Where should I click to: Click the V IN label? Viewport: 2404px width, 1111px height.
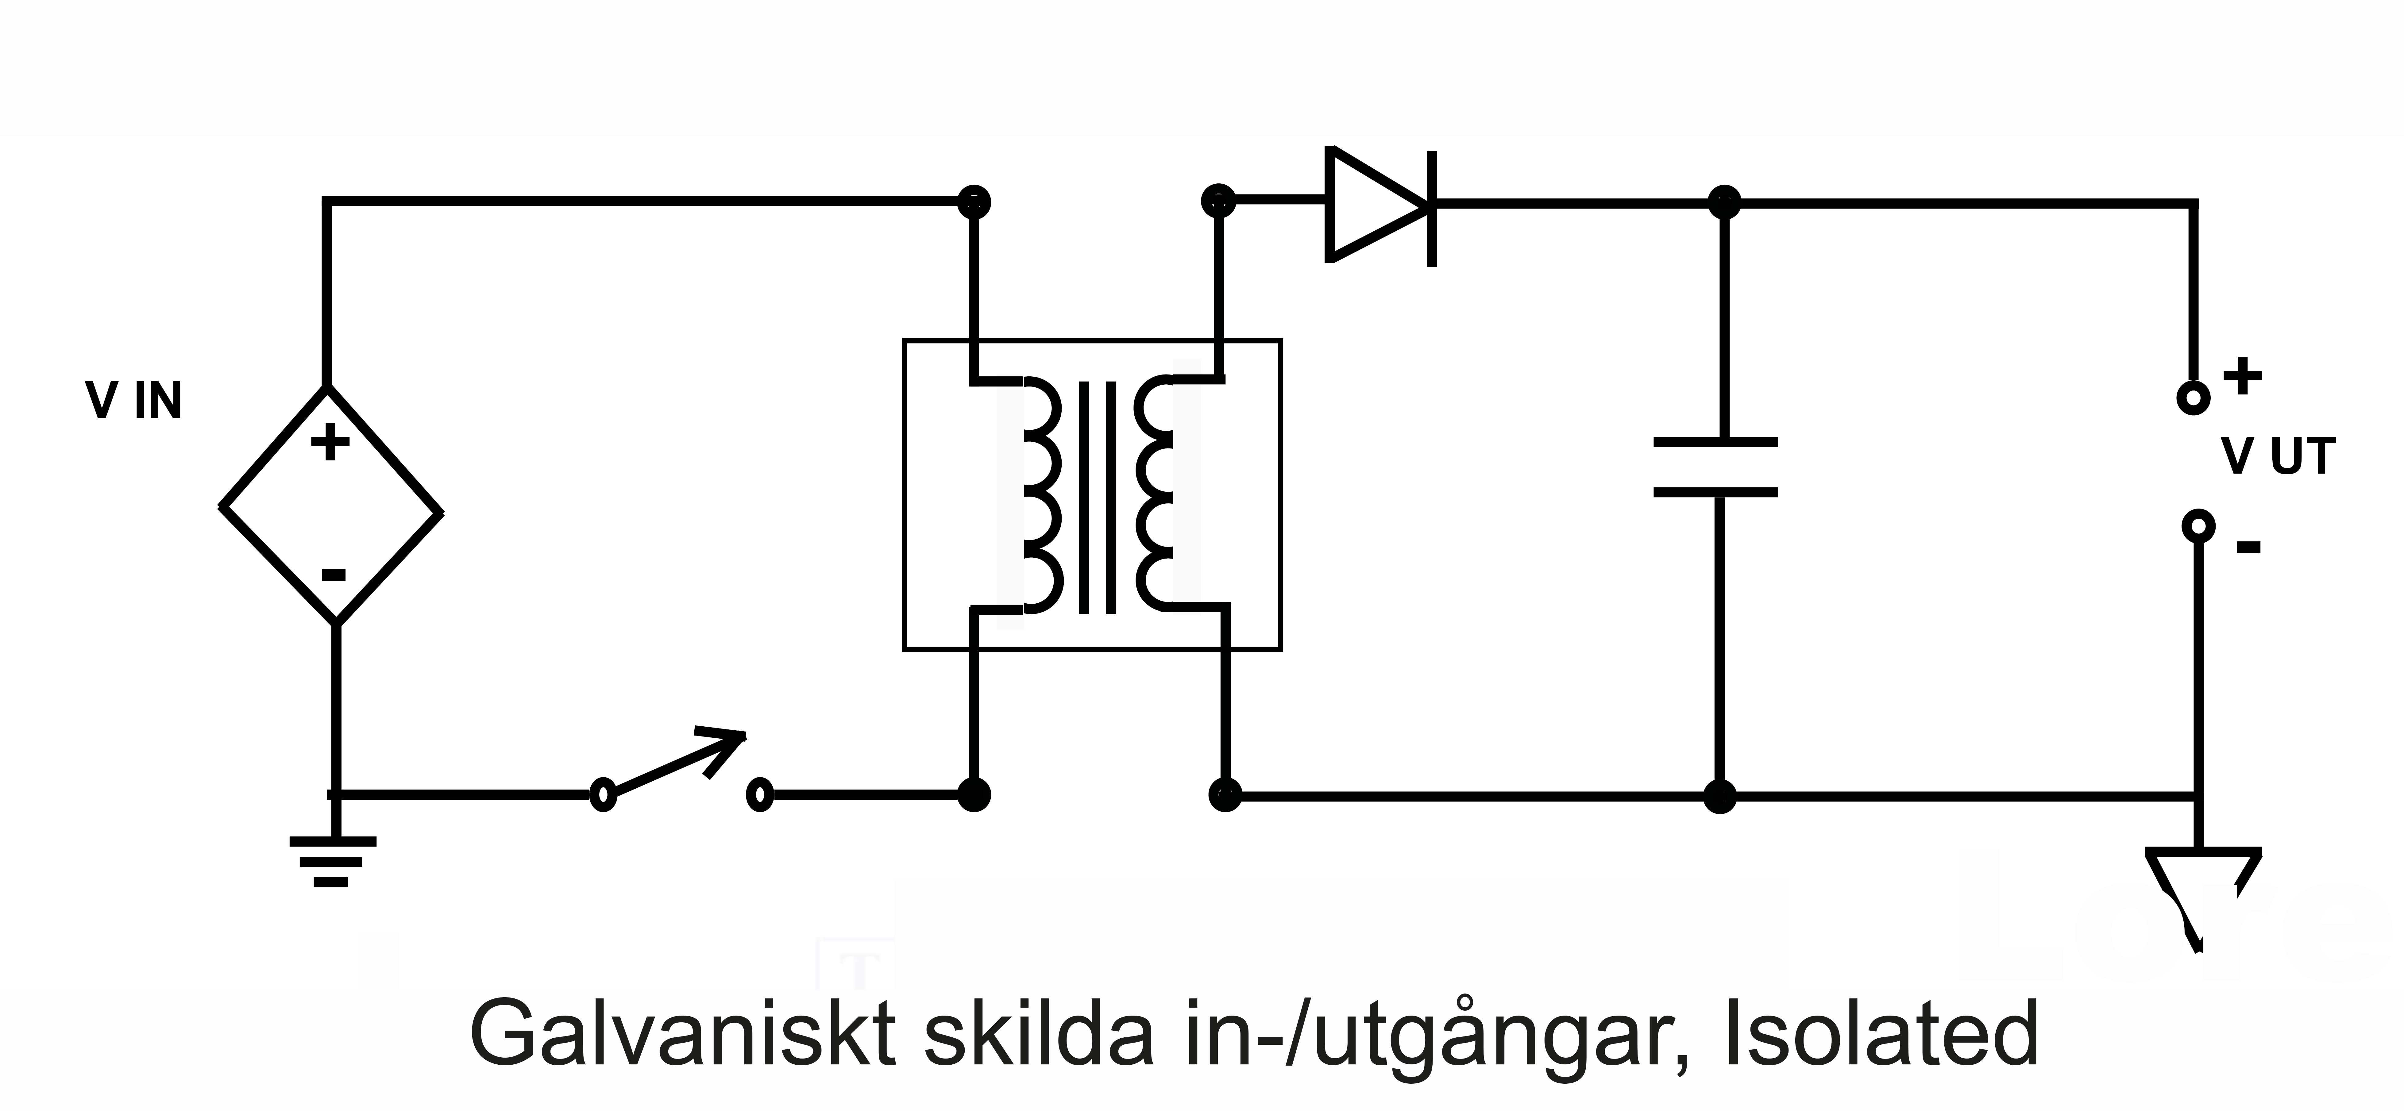click(133, 401)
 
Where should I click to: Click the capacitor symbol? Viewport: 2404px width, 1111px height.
click(1715, 467)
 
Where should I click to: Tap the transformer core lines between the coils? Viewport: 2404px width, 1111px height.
click(1098, 496)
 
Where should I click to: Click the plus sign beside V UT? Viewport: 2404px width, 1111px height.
click(2243, 377)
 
